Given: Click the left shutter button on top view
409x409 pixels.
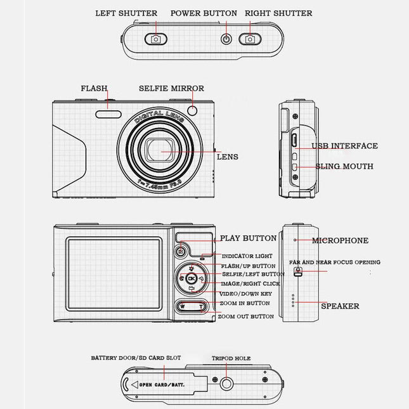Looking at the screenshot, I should click(x=155, y=39).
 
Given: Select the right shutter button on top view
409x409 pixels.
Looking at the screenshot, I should click(x=250, y=39).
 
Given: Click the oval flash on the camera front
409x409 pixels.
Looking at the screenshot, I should click(x=109, y=114).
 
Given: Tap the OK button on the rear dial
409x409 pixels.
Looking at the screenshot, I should click(x=192, y=278).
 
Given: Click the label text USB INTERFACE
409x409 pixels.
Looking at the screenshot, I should click(x=344, y=146).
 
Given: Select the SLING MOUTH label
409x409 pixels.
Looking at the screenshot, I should click(x=344, y=167).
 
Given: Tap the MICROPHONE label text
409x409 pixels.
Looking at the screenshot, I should click(x=340, y=241).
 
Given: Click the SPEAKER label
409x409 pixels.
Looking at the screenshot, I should click(x=340, y=306).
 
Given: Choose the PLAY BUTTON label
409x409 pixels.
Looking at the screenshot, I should click(x=248, y=239).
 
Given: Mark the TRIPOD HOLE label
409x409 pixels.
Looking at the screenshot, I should click(x=231, y=359).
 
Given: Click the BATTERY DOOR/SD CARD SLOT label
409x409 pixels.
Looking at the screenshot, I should click(x=136, y=358).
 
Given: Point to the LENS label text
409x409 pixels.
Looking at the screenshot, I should click(x=228, y=157).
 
